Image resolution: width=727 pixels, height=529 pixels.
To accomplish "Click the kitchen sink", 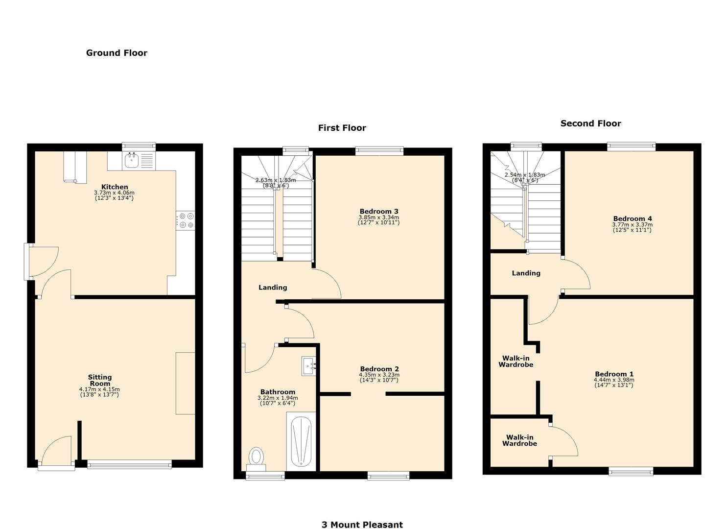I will click(x=131, y=160).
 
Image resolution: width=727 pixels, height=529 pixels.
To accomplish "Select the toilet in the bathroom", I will click(x=256, y=457).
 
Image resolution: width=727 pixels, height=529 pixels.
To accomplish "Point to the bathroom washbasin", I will click(x=308, y=365).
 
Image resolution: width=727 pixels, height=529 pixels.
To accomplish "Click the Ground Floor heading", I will click(x=117, y=53).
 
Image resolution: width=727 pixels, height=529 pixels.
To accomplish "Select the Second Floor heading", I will click(x=590, y=123).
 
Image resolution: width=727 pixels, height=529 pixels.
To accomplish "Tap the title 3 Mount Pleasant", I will click(x=362, y=525).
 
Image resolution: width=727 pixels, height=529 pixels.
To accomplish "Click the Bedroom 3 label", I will click(x=379, y=212).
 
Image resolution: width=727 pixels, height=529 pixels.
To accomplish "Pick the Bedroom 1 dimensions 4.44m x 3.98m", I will click(x=614, y=380).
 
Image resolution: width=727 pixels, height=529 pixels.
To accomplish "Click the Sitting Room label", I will click(x=100, y=380).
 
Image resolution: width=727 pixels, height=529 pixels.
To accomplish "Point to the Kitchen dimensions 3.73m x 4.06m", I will click(x=114, y=193).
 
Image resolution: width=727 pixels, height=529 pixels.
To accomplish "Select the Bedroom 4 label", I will click(x=633, y=218).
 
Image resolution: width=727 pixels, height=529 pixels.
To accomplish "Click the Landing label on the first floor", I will click(x=273, y=288).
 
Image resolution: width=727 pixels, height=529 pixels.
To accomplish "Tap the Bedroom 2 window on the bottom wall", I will click(x=388, y=475).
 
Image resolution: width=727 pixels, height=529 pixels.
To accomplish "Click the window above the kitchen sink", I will click(x=139, y=145).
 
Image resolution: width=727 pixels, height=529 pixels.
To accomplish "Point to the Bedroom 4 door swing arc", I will click(x=578, y=274).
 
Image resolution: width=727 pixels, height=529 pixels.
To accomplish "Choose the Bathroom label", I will click(x=278, y=392).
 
